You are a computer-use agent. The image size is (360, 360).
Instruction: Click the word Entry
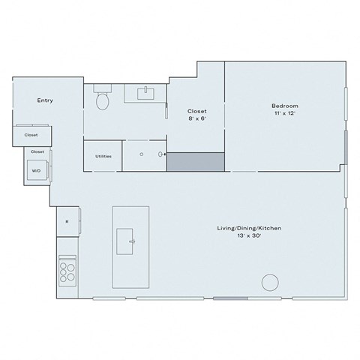coord(45,100)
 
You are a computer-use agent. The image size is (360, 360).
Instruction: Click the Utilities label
coord(103,156)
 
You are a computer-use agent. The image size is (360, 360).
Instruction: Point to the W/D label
coord(36,171)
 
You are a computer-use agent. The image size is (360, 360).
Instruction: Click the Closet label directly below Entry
coord(31,135)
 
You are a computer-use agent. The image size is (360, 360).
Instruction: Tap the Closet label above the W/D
coord(37,151)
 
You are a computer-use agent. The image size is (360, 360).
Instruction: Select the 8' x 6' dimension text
coord(196,118)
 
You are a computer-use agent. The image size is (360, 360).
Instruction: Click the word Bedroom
coord(285,106)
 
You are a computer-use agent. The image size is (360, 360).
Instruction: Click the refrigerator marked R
coord(67,220)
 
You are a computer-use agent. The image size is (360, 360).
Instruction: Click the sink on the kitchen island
coord(133,241)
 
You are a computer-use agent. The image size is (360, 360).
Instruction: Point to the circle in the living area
coord(268,283)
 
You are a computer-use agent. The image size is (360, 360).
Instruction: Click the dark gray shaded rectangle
coord(195,161)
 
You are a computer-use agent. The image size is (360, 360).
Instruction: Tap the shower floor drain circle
coord(139,153)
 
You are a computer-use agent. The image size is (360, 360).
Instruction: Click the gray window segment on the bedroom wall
coord(346,142)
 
